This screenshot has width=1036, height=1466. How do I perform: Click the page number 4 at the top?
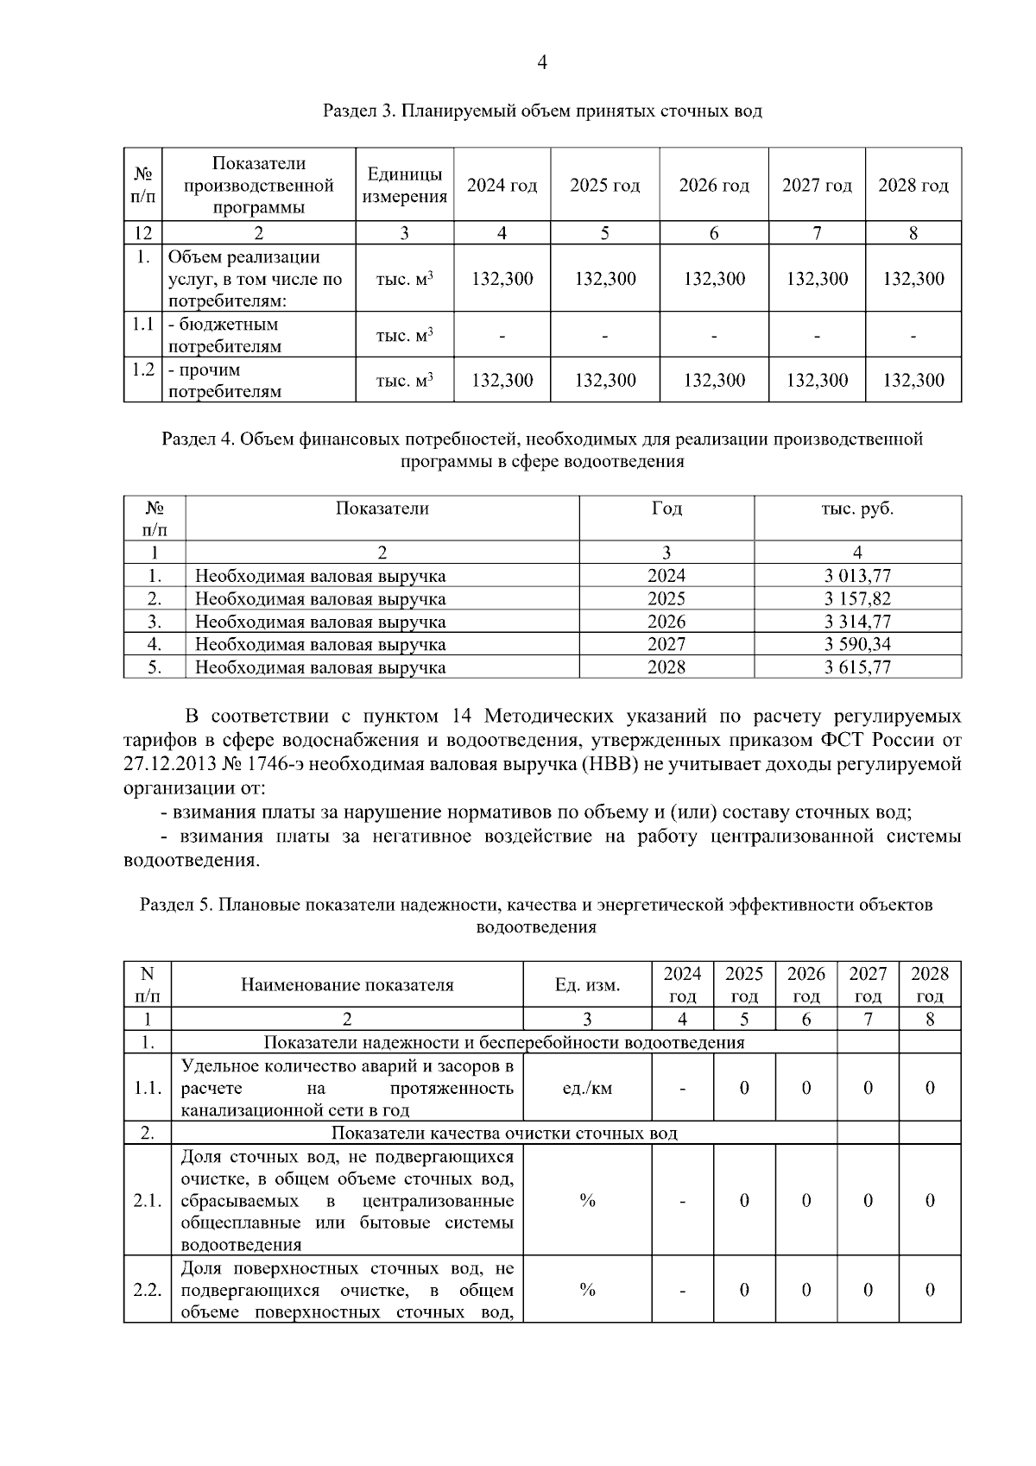(542, 62)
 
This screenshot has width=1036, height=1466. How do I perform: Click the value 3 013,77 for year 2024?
(856, 576)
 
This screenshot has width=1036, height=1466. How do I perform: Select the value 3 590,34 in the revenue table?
(856, 644)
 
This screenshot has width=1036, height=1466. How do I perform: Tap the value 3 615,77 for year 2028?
(856, 667)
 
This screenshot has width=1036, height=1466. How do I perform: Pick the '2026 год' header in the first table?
(713, 186)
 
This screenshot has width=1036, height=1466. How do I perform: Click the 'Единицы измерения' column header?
(405, 186)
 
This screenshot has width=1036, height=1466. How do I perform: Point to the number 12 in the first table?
(142, 233)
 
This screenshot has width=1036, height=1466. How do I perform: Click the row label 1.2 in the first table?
(142, 370)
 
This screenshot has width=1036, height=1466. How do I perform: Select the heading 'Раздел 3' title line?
(542, 111)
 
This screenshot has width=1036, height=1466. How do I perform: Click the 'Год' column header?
(666, 509)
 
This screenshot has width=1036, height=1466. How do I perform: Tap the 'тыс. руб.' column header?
(856, 509)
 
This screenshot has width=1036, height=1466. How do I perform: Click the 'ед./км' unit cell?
(587, 1088)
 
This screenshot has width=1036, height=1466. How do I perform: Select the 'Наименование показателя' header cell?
(347, 985)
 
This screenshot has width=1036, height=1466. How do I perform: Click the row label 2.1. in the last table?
(148, 1200)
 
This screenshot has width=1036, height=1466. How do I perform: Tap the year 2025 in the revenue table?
(666, 599)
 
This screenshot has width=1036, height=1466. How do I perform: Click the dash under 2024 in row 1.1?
(502, 335)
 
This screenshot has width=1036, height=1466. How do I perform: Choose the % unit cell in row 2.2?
(587, 1290)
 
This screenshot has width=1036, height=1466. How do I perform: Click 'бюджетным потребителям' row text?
(224, 336)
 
